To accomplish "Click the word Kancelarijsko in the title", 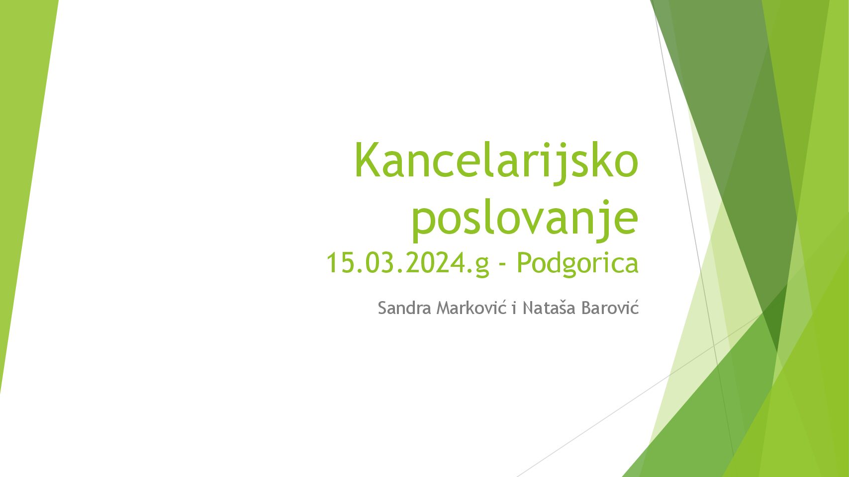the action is click(496, 160).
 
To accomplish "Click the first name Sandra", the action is click(404, 308).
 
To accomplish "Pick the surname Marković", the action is click(472, 307).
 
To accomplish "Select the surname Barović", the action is click(610, 307).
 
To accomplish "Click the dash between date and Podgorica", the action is click(503, 265).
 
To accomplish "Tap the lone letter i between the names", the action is click(514, 308).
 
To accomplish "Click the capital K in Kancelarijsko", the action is click(367, 159).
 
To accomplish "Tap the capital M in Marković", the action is click(444, 308).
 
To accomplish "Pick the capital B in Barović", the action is click(587, 308).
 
